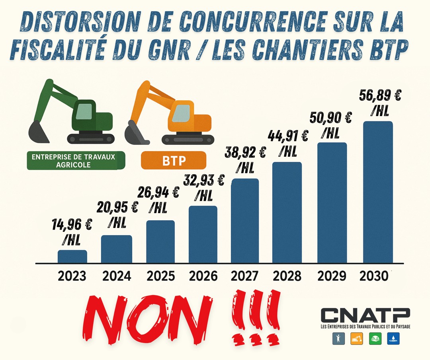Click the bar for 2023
pos(72,257)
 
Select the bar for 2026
pos(203,234)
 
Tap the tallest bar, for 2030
pos(378,192)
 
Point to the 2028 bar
pos(287,212)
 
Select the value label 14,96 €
pos(72,225)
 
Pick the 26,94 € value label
pos(158,192)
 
